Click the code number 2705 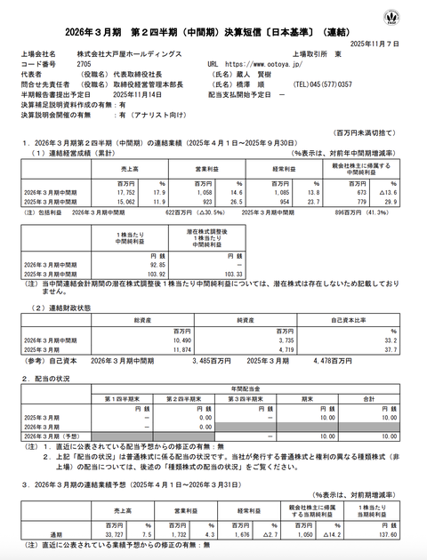(84, 65)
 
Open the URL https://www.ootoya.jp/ (268, 65)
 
